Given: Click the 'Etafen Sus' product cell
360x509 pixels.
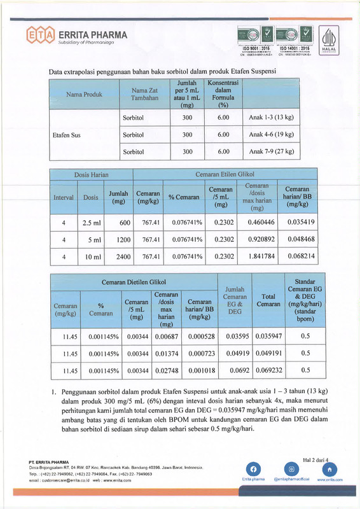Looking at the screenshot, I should coord(65,135).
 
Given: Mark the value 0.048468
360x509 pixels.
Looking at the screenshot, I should coord(301,240).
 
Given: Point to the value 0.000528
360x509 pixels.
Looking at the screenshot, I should coord(199,336).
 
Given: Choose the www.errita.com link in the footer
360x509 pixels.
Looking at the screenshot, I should coord(329,480).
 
